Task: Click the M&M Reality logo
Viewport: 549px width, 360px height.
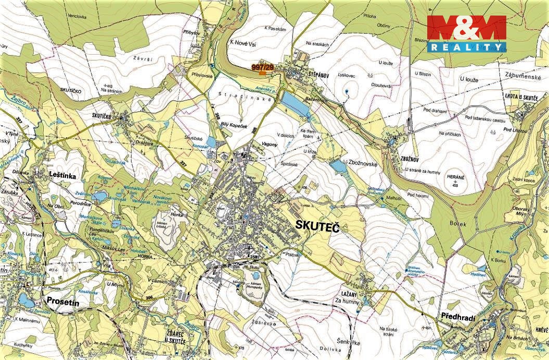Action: click(x=466, y=33)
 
